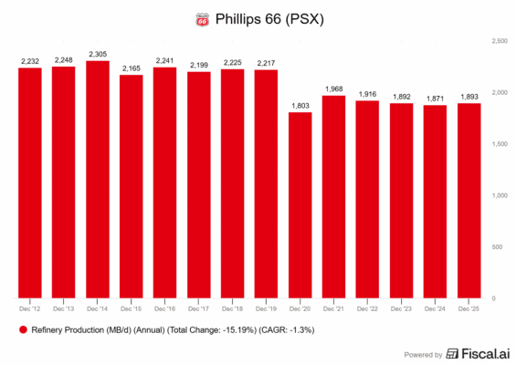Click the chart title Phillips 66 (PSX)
point(268,18)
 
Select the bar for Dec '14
point(98,180)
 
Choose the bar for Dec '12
point(31,183)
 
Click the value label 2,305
point(98,54)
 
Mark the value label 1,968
point(333,89)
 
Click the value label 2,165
point(132,68)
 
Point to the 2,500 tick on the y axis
point(500,41)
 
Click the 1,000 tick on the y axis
point(500,195)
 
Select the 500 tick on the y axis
point(500,247)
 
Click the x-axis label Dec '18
point(232,308)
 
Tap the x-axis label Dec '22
point(367,308)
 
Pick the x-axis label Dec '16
point(165,308)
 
